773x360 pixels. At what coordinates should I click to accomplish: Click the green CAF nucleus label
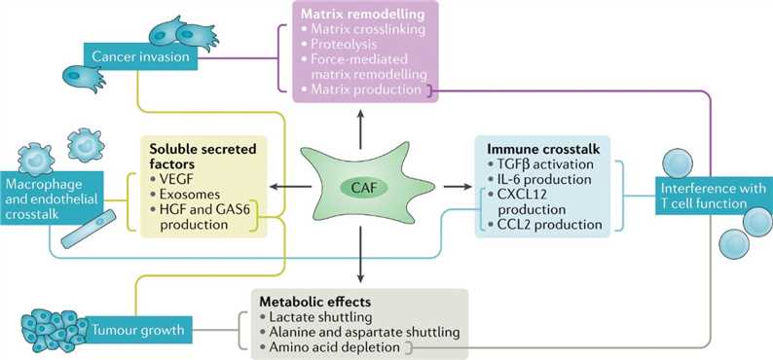pyautogui.click(x=359, y=186)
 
